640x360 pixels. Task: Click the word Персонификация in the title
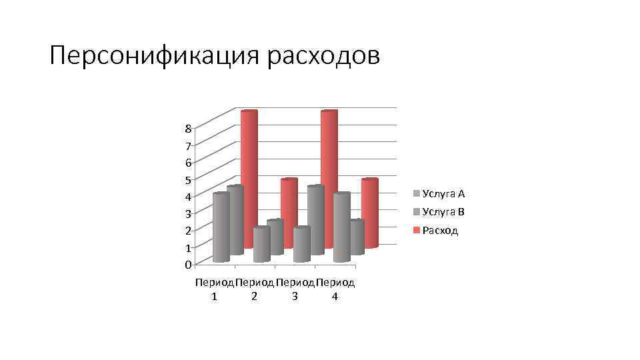[154, 56]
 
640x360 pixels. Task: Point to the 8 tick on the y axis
[189, 128]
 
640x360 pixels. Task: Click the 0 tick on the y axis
[189, 265]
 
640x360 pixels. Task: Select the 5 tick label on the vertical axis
[189, 179]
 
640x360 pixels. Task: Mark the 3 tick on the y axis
[189, 213]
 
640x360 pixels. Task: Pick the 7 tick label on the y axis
[189, 145]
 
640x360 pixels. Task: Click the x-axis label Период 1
[214, 289]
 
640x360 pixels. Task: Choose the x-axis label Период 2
[254, 289]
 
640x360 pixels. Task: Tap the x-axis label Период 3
[295, 289]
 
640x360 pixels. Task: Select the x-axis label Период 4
[335, 289]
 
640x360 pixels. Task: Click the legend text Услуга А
[443, 194]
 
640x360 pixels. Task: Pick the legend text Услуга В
[443, 213]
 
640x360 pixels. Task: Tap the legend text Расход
[440, 231]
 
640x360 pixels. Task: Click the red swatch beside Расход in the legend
[417, 231]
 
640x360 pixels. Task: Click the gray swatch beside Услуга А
[417, 194]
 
